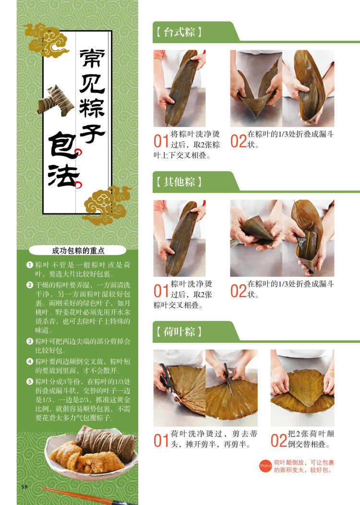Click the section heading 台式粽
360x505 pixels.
179,32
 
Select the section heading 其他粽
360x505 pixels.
179,182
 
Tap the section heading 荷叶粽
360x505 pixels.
179,331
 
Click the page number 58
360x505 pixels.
24,487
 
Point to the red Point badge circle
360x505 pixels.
265,466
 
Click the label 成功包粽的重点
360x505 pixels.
78,250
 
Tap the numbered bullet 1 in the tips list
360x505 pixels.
30,265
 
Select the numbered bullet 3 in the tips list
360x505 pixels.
30,341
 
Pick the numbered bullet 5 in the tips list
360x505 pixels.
30,381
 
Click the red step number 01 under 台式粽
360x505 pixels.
161,141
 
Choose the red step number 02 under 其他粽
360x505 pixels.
239,291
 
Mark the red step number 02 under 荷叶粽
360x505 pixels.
279,441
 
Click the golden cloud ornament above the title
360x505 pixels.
47,41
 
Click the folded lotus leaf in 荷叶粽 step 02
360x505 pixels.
302,391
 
